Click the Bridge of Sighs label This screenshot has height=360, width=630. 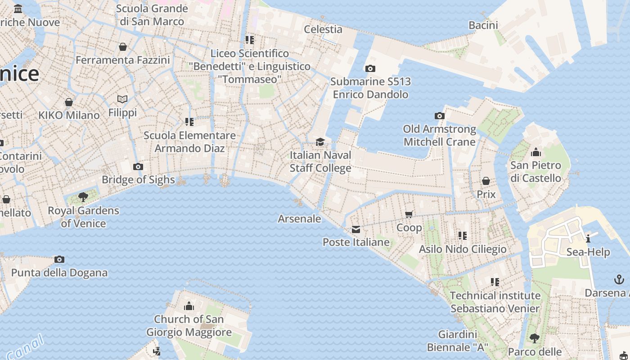coord(138,180)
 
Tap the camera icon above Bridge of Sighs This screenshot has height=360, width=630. coord(138,167)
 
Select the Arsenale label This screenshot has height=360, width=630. coord(300,219)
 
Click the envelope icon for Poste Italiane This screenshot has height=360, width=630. coord(356,230)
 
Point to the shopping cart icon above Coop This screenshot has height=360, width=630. coord(409,215)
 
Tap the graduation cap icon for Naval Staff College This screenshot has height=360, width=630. coord(320,142)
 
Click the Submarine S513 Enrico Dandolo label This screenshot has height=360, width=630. coord(370,88)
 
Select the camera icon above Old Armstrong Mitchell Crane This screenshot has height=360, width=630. coord(440,116)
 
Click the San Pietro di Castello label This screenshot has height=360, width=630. coord(535,171)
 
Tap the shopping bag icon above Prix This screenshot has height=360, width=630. coord(486,181)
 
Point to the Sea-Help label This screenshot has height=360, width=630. coord(588,252)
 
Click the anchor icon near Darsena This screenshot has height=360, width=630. coord(619,280)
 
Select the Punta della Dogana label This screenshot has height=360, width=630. coord(59,273)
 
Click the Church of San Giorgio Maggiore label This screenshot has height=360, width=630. coord(189,326)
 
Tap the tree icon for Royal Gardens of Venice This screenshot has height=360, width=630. coord(83,197)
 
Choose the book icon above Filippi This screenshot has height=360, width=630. coord(122,99)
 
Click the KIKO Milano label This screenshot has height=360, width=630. coord(69,115)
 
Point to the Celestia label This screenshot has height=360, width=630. coord(323,29)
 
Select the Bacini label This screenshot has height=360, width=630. coord(483,25)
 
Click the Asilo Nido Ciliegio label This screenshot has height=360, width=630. coord(463,249)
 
